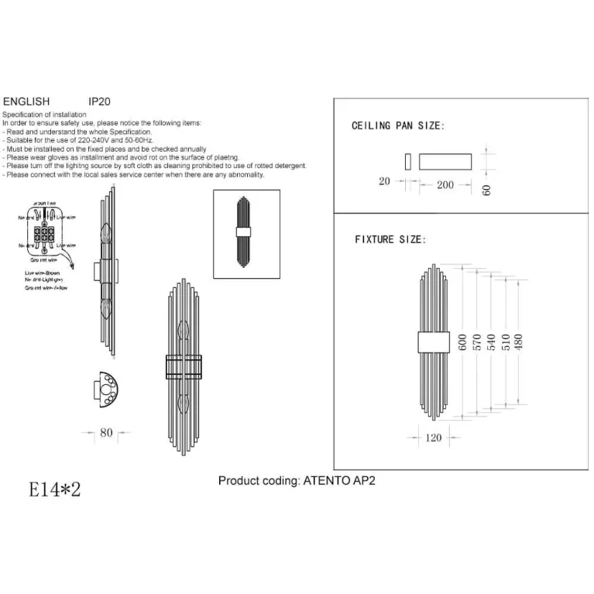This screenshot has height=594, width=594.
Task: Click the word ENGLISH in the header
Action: click(26, 101)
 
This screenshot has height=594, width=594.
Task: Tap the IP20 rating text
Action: click(101, 101)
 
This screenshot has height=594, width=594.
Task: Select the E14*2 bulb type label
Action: click(54, 489)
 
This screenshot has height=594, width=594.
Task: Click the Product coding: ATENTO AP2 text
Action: click(297, 481)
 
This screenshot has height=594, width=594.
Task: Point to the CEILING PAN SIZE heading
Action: click(398, 125)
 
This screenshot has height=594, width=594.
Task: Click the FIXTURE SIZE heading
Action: click(389, 240)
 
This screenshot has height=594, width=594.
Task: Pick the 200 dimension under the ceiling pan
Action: click(445, 185)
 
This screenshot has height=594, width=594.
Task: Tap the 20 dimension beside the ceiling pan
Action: click(385, 181)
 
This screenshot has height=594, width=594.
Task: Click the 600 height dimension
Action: click(463, 342)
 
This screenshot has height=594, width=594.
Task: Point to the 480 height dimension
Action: click(519, 342)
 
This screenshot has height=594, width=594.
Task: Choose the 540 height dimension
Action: click(491, 342)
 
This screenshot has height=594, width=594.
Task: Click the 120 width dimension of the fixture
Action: click(434, 438)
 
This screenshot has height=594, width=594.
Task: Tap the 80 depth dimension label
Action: click(106, 433)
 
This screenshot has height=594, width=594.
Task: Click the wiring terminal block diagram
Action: click(43, 231)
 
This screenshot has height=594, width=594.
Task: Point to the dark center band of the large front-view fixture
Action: click(183, 366)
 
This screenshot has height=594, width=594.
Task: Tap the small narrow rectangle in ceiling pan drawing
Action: click(407, 161)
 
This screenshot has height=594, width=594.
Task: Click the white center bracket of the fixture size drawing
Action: click(434, 342)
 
